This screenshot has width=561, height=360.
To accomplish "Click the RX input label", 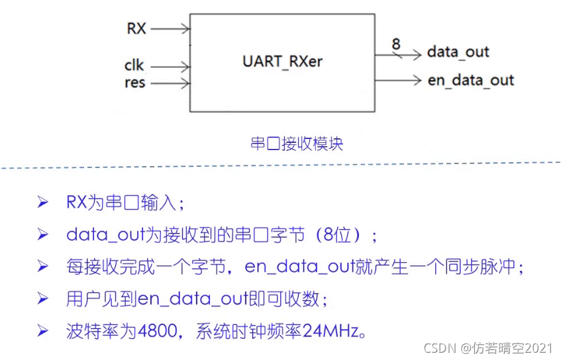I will click(136, 28).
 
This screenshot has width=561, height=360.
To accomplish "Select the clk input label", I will click(134, 66).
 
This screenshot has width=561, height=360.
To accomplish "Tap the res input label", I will click(134, 83).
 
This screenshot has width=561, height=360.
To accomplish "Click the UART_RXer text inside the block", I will click(282, 62).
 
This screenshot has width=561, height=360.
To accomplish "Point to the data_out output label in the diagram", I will click(458, 52).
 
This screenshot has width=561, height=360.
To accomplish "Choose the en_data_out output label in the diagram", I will click(471, 81).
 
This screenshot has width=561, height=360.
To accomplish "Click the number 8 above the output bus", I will click(396, 44).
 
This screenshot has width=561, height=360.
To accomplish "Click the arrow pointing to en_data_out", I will click(397, 81).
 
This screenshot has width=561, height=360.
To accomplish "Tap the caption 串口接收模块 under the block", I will click(297, 144).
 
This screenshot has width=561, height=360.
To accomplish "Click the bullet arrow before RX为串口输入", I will click(43, 202).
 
